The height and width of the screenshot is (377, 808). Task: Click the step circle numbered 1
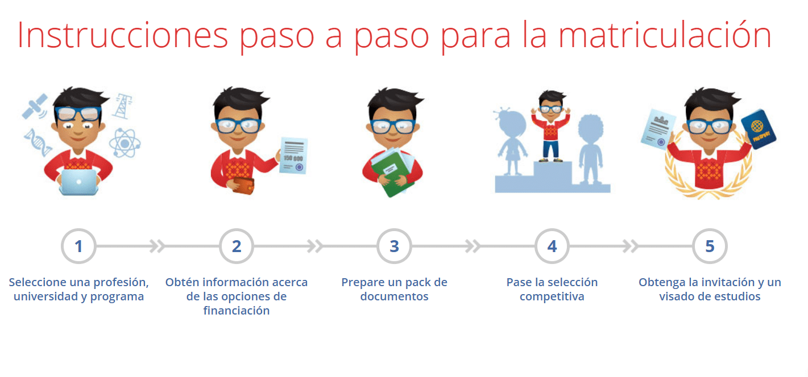pos(78,246)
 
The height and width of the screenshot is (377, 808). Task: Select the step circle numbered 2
pos(237,246)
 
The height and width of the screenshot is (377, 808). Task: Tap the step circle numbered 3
pos(394,246)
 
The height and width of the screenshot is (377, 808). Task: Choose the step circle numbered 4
pos(552,246)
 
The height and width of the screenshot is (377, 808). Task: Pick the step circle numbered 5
pos(710,246)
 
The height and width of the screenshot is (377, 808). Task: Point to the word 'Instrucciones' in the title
pos(122,35)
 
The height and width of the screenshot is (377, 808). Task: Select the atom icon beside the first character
pos(124,142)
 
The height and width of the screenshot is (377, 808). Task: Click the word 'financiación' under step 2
pos(237,311)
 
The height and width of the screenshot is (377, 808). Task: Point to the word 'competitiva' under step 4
pos(552,297)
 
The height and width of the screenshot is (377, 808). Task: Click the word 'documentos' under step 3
pos(394,297)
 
